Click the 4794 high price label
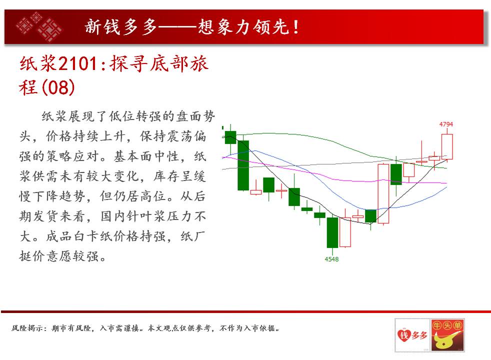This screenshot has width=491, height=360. point(446,124)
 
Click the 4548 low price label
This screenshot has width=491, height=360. point(331,259)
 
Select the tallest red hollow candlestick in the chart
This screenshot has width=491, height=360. point(383,193)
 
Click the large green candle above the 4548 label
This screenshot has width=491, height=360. point(332,232)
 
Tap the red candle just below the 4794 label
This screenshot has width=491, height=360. point(447,146)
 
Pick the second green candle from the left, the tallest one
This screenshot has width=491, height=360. point(243,165)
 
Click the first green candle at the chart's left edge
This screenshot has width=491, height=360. point(230,137)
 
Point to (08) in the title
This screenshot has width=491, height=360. point(58,87)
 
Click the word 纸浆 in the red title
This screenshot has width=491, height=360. point(38,64)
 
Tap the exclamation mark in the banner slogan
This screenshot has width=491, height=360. point(295,27)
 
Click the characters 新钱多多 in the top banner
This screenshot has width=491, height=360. point(120,26)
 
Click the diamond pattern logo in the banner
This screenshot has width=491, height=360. point(39,27)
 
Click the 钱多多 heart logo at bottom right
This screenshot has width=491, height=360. point(412,335)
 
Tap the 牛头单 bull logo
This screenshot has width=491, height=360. point(447,335)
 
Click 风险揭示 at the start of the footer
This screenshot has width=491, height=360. point(26,328)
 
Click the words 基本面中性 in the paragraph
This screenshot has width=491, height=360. point(147,156)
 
